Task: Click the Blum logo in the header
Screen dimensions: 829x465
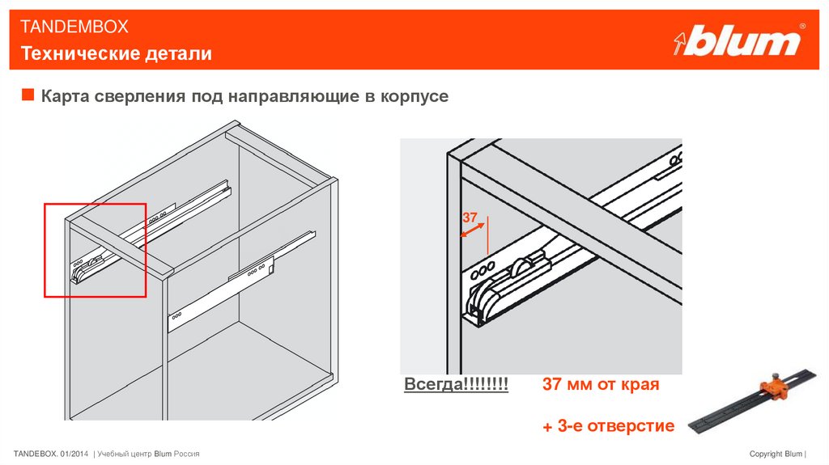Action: pos(739,40)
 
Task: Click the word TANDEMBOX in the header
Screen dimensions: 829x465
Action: pos(74,27)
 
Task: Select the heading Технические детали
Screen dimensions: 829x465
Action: pos(117,53)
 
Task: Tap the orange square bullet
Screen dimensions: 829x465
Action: pos(28,95)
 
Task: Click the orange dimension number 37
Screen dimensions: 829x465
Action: pos(470,218)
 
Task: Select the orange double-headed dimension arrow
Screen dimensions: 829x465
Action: pos(472,230)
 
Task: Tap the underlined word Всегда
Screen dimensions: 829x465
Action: pos(435,384)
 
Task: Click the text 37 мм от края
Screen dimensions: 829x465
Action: pos(601,384)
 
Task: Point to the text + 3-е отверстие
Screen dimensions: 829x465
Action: pos(608,426)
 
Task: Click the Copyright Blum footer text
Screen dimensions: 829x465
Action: pos(777,454)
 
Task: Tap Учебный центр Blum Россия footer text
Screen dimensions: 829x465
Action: pos(148,454)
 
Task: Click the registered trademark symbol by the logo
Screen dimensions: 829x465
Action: pos(802,26)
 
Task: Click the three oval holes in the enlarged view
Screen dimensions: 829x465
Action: pos(483,271)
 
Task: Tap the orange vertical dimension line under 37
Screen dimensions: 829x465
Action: pos(487,235)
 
